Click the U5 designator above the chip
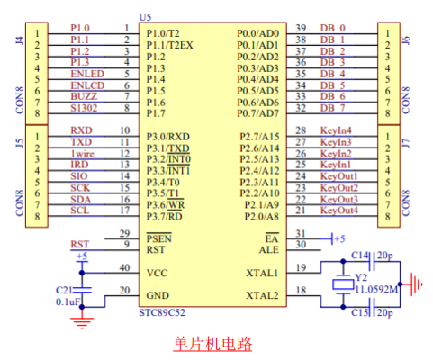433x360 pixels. point(145,17)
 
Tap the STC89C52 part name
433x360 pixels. point(162,312)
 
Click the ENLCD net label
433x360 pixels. point(87,85)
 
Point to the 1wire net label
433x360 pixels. point(83,154)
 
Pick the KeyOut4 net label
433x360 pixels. point(339,211)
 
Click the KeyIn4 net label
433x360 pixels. point(336,130)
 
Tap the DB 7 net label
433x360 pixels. point(333,108)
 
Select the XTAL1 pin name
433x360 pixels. point(262,273)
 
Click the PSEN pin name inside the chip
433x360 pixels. point(159,238)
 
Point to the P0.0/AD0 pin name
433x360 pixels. point(258,33)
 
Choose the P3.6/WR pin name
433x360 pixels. point(166,205)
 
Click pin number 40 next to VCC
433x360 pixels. point(124,267)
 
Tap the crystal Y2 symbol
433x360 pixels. point(343,284)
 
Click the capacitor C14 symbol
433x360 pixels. point(372,262)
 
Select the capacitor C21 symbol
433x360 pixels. point(82,290)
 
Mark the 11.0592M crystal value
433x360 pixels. point(377,290)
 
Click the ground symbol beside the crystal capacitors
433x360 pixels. point(416,284)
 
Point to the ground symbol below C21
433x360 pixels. point(82,323)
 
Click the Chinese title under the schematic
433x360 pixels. point(212,344)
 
